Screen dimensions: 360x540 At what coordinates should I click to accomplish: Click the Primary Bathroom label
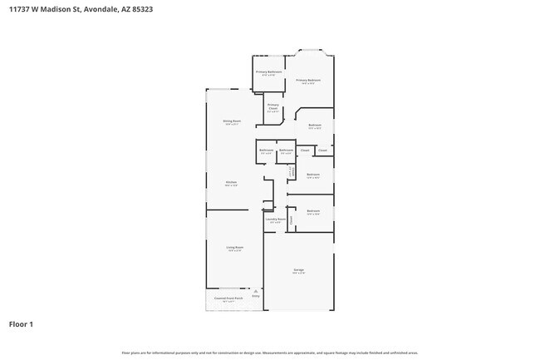pyautogui.click(x=268, y=72)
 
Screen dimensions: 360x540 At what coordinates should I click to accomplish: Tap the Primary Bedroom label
pyautogui.click(x=308, y=81)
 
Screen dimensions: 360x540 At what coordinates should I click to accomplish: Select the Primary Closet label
pyautogui.click(x=273, y=106)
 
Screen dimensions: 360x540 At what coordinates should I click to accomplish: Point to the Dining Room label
pyautogui.click(x=232, y=121)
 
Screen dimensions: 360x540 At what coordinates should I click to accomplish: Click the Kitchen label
pyautogui.click(x=232, y=183)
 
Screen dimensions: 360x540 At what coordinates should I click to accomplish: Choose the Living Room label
pyautogui.click(x=235, y=248)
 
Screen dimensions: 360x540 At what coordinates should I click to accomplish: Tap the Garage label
pyautogui.click(x=298, y=271)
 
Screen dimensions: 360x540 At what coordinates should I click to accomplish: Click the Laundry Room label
pyautogui.click(x=276, y=219)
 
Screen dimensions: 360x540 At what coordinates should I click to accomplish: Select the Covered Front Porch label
pyautogui.click(x=228, y=298)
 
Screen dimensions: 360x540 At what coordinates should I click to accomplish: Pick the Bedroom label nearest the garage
pyautogui.click(x=313, y=212)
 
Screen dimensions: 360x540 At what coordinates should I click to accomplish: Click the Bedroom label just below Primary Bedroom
pyautogui.click(x=315, y=126)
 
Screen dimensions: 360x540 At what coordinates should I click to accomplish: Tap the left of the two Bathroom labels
pyautogui.click(x=266, y=150)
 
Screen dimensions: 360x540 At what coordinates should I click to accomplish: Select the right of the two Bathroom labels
pyautogui.click(x=286, y=150)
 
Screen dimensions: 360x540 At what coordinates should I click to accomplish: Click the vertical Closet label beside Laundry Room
pyautogui.click(x=292, y=219)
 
